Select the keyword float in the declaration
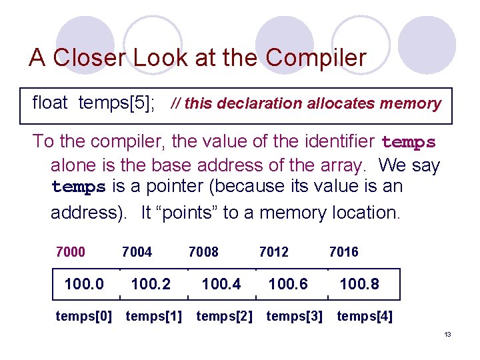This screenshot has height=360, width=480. tap(50, 103)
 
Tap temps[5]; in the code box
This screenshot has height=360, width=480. tap(117, 103)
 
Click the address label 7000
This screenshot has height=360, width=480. tap(71, 252)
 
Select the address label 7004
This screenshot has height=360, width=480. tap(137, 252)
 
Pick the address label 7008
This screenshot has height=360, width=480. tap(203, 252)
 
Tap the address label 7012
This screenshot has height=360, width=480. tap(273, 252)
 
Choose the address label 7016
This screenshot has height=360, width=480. tap(343, 252)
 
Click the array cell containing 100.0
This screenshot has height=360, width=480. tap(84, 285)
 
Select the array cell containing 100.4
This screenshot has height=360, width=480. tap(221, 285)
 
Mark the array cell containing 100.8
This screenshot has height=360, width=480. tap(359, 285)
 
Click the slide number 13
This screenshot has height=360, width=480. tap(447, 334)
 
